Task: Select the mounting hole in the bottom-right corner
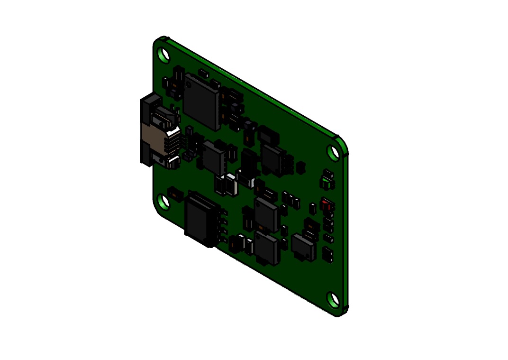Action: pyautogui.click(x=333, y=300)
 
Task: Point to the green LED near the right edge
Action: pyautogui.click(x=327, y=180)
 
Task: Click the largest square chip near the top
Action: pyautogui.click(x=201, y=101)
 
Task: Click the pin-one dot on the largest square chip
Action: pyautogui.click(x=189, y=84)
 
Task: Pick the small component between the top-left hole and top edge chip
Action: pyautogui.click(x=203, y=74)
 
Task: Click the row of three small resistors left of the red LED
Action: pyautogui.click(x=290, y=200)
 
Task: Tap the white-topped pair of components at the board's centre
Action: pyautogui.click(x=226, y=184)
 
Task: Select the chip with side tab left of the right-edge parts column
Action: pyautogui.click(x=303, y=247)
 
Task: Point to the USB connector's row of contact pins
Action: pyautogui.click(x=175, y=143)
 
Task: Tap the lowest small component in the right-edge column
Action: pyautogui.click(x=327, y=254)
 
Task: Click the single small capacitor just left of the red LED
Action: pyautogui.click(x=313, y=208)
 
